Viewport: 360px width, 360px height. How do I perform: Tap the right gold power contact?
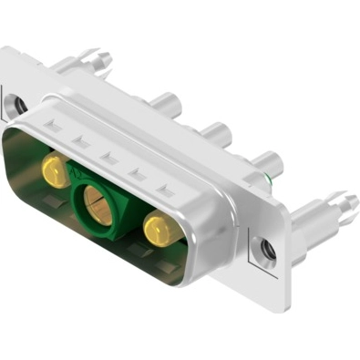click(x=159, y=227)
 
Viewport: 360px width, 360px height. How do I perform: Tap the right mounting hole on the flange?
click(x=265, y=247)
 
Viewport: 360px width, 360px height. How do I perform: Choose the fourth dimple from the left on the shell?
click(x=138, y=173)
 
